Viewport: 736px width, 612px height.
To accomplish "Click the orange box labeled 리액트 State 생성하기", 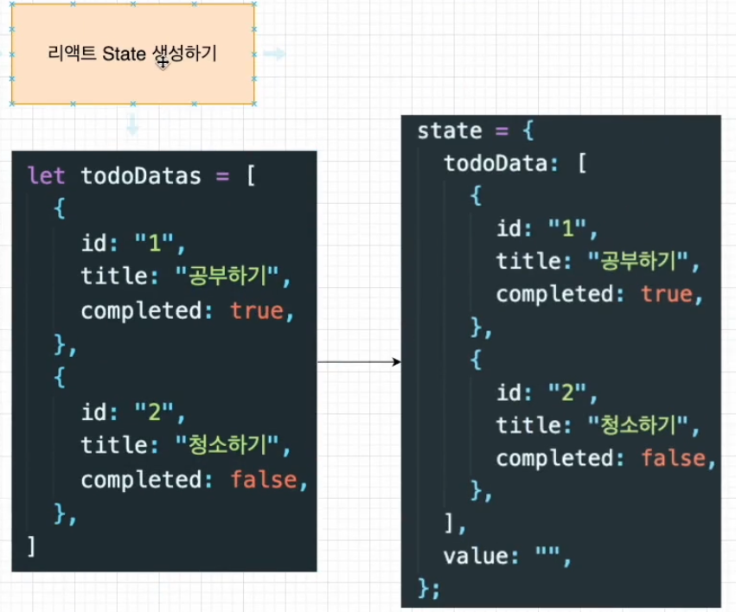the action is point(132,54).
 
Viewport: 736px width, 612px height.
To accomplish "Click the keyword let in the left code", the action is point(47,177).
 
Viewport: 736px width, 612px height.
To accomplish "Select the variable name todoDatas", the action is point(141,177).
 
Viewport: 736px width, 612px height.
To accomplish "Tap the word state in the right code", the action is point(450,131).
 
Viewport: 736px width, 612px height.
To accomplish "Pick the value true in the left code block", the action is point(257,311).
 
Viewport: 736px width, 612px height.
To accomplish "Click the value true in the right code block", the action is point(667,294).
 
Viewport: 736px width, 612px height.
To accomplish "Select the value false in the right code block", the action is point(674,458).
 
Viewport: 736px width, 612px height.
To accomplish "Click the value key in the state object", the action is point(470,557).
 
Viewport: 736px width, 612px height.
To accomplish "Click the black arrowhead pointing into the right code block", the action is point(397,361).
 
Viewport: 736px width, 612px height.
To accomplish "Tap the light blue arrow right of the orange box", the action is point(275,54).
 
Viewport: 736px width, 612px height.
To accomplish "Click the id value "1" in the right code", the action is point(567,229).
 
